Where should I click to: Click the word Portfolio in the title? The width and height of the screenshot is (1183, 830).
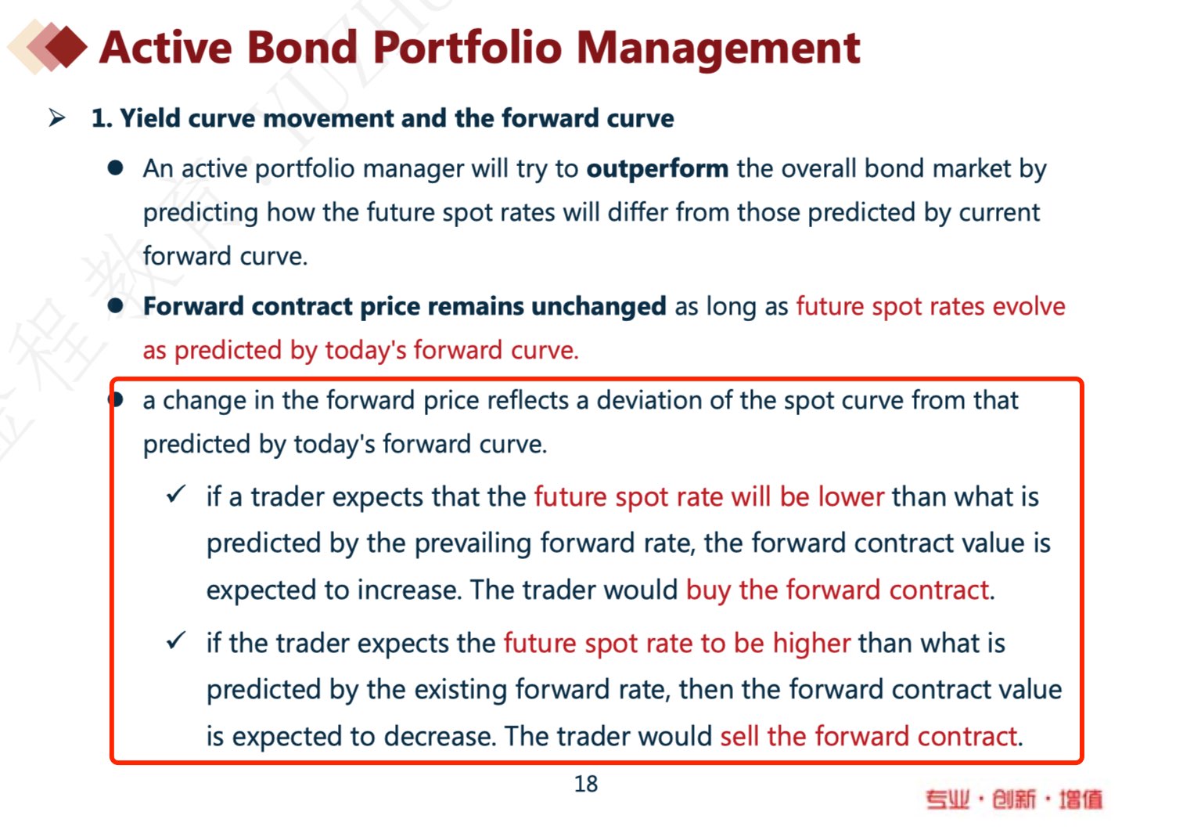pyautogui.click(x=467, y=48)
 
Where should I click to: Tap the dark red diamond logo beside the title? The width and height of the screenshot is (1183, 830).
pyautogui.click(x=66, y=46)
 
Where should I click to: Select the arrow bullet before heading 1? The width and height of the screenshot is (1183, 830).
pyautogui.click(x=57, y=117)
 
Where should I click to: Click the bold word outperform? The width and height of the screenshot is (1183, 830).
pyautogui.click(x=657, y=169)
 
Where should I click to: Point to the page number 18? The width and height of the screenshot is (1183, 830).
pyautogui.click(x=586, y=784)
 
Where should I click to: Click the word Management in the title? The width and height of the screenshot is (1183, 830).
pyautogui.click(x=718, y=49)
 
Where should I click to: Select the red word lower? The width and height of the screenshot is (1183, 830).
pyautogui.click(x=850, y=497)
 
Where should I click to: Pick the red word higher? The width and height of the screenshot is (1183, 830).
pyautogui.click(x=811, y=644)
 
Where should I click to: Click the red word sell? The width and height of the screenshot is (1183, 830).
pyautogui.click(x=739, y=736)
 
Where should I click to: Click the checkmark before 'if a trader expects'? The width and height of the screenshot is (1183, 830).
pyautogui.click(x=176, y=495)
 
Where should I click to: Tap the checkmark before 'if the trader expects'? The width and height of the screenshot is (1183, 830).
pyautogui.click(x=176, y=641)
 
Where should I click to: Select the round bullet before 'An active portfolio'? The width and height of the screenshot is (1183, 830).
pyautogui.click(x=115, y=168)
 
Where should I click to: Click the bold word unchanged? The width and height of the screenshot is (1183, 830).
pyautogui.click(x=599, y=307)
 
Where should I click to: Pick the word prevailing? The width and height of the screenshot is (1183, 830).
pyautogui.click(x=472, y=544)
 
